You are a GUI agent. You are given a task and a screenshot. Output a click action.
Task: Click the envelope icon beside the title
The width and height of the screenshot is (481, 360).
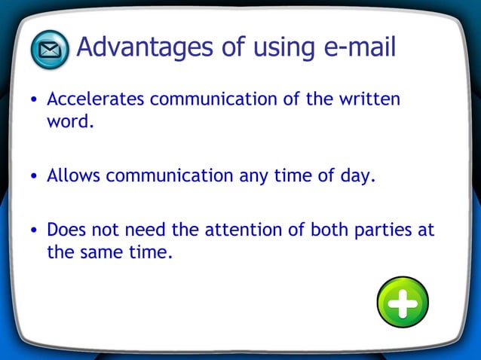[50, 50]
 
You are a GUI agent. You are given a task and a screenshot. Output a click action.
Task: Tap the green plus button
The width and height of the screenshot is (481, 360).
[403, 302]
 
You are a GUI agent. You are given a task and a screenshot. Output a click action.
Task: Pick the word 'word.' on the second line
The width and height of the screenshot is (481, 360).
[70, 121]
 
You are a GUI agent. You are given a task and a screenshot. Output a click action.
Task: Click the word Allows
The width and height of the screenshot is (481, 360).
[73, 176]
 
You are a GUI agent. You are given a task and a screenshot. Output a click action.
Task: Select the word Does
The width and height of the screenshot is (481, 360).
[67, 230]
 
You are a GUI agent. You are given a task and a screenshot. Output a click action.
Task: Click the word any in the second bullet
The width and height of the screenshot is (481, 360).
[253, 176]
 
